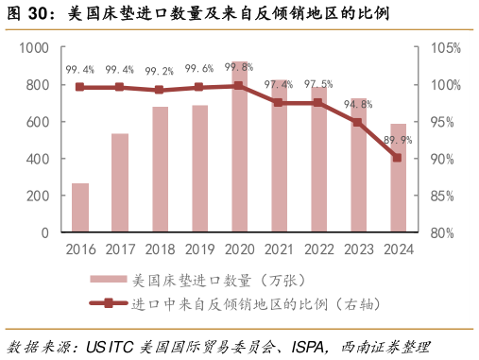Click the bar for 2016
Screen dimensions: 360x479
(x=80, y=208)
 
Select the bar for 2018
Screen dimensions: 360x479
(x=160, y=170)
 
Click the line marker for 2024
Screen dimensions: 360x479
(x=398, y=158)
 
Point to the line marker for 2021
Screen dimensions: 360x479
(x=279, y=102)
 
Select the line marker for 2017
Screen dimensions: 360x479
(x=120, y=87)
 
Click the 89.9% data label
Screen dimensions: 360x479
(x=398, y=141)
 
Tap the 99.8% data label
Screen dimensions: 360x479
(x=239, y=67)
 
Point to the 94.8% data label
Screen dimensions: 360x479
(x=358, y=104)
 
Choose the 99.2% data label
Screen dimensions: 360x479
(x=160, y=71)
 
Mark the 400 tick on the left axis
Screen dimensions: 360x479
(x=37, y=159)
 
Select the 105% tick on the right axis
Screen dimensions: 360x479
(x=445, y=48)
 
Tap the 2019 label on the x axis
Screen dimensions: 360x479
(x=199, y=250)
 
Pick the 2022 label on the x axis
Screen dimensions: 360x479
(x=318, y=250)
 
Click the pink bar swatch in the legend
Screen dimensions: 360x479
(x=108, y=280)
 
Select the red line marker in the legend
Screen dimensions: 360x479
(x=108, y=303)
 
